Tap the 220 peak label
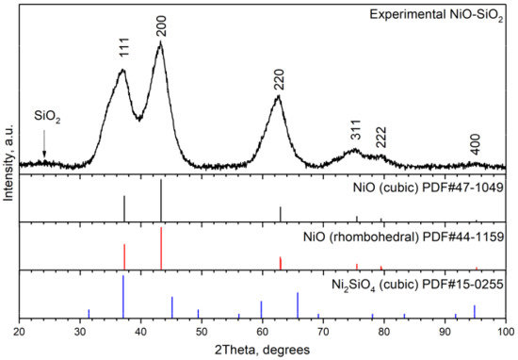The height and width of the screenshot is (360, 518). coord(278,80)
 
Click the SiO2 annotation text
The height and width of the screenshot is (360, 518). coord(48,116)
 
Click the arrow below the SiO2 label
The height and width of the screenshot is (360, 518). coord(44,146)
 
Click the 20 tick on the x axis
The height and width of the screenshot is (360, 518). coord(19,333)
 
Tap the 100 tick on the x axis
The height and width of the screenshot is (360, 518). coord(506,333)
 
